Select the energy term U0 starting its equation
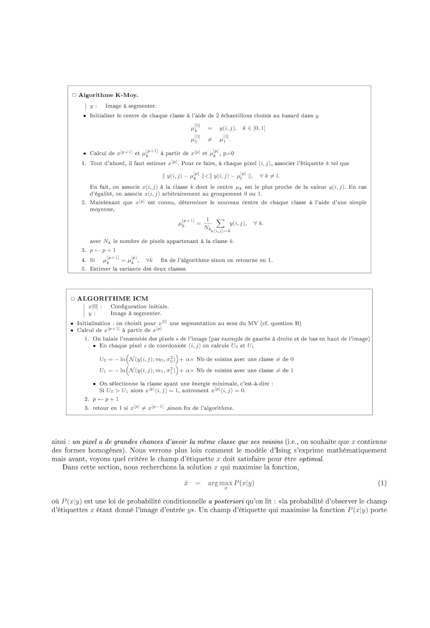tap(103, 360)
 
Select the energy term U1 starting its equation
tap(103, 370)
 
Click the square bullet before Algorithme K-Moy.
tap(74, 95)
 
